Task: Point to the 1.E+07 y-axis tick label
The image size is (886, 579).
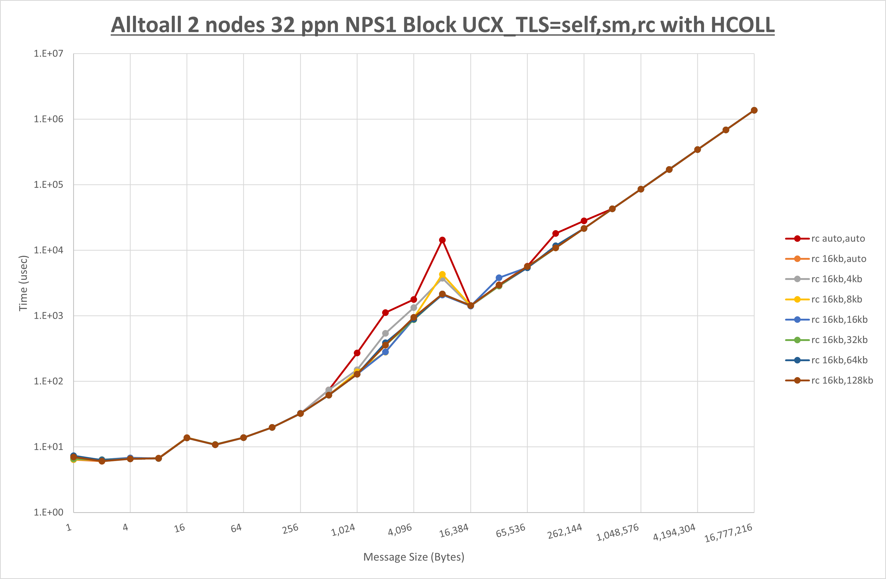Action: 49,53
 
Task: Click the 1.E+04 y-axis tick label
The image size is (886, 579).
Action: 49,250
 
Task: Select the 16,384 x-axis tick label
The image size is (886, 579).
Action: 454,530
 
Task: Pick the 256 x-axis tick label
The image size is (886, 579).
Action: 290,528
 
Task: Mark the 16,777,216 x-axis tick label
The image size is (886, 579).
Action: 728,533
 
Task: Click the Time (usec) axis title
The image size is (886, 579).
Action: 23,283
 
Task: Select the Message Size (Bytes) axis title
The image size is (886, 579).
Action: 414,557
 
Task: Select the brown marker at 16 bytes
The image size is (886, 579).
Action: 187,438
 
